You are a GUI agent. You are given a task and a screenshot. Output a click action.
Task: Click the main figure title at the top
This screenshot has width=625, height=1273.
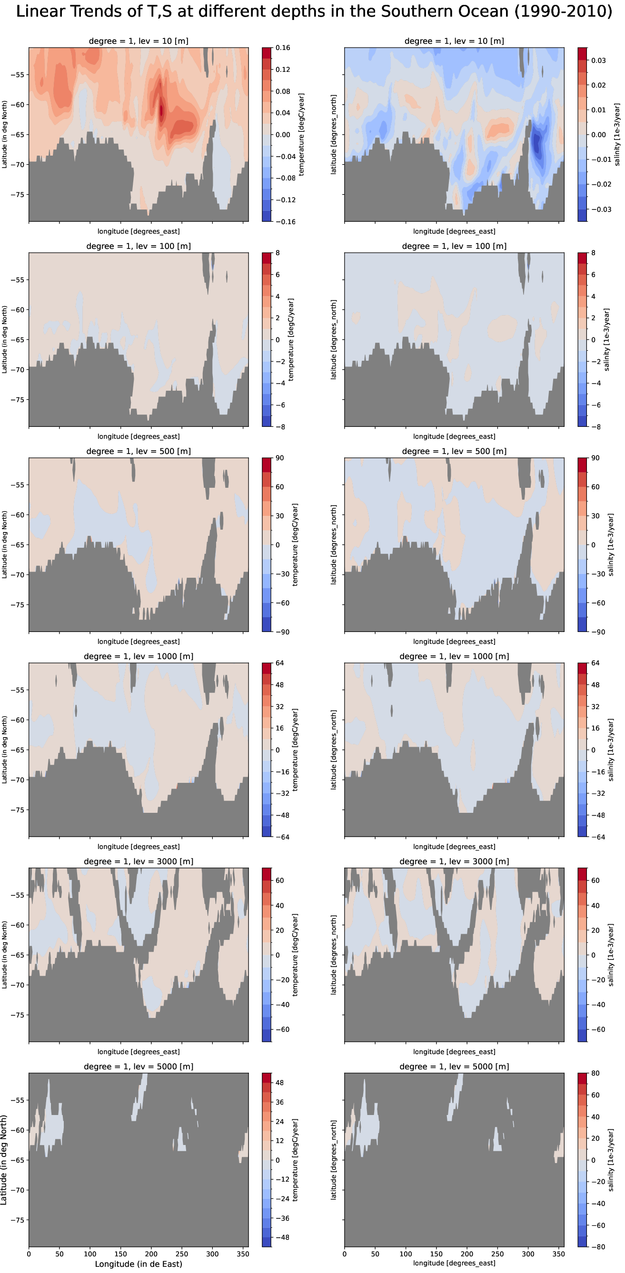314,11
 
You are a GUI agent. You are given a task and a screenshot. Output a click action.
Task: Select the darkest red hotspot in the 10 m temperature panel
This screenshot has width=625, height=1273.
161,109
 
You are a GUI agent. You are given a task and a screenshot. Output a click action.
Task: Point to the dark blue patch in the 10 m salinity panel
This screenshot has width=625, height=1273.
536,143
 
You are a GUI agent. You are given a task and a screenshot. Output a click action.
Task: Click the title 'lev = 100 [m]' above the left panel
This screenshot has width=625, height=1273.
139,246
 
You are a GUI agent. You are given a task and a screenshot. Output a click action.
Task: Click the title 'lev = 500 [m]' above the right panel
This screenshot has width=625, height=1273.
454,451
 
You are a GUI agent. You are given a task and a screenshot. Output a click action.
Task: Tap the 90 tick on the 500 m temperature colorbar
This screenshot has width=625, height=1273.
280,458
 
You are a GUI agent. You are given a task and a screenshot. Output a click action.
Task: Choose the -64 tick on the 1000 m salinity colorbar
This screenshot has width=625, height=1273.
596,837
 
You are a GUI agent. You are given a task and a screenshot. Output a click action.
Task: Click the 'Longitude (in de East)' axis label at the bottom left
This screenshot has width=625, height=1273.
139,1263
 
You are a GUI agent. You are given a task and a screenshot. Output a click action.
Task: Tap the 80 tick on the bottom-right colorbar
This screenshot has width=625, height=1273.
595,1073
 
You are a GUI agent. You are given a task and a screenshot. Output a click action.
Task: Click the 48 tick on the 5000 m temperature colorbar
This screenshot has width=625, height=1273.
279,1083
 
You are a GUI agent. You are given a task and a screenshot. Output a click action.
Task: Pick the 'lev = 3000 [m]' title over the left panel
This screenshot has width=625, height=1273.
139,861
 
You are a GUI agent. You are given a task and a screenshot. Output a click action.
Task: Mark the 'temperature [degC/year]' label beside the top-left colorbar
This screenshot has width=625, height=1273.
302,134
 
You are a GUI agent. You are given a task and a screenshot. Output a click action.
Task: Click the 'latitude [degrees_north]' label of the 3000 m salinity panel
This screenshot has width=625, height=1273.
334,955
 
